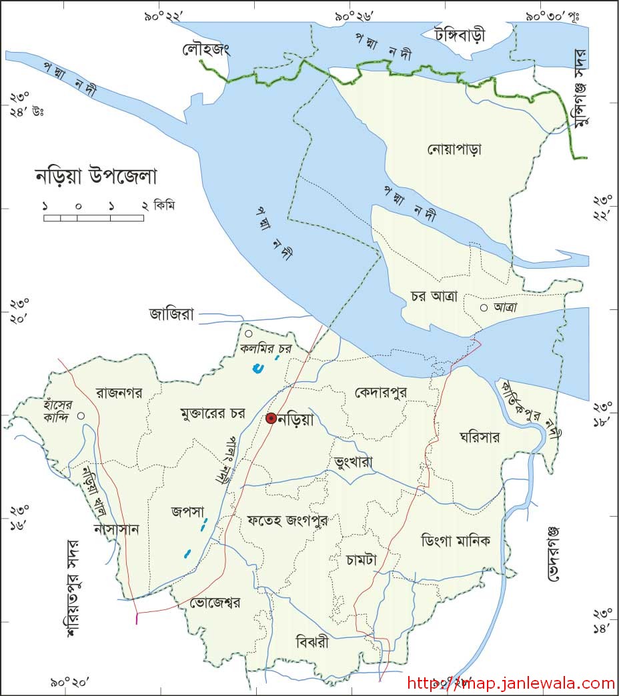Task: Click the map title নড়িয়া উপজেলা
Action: coord(95,177)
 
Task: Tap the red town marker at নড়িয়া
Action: coord(271,419)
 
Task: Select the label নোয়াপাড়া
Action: coord(454,149)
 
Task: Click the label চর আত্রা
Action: coord(434,297)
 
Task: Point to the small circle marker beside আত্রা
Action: coord(484,307)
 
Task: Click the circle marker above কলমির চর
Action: coord(248,333)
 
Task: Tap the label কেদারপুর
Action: coord(381,391)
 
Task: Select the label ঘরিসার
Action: coord(480,437)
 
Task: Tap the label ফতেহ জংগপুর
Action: coord(287,519)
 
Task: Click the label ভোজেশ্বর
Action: coord(215,602)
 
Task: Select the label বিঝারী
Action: coord(312,643)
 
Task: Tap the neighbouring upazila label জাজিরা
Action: coord(171,314)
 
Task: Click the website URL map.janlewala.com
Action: coord(510,683)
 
